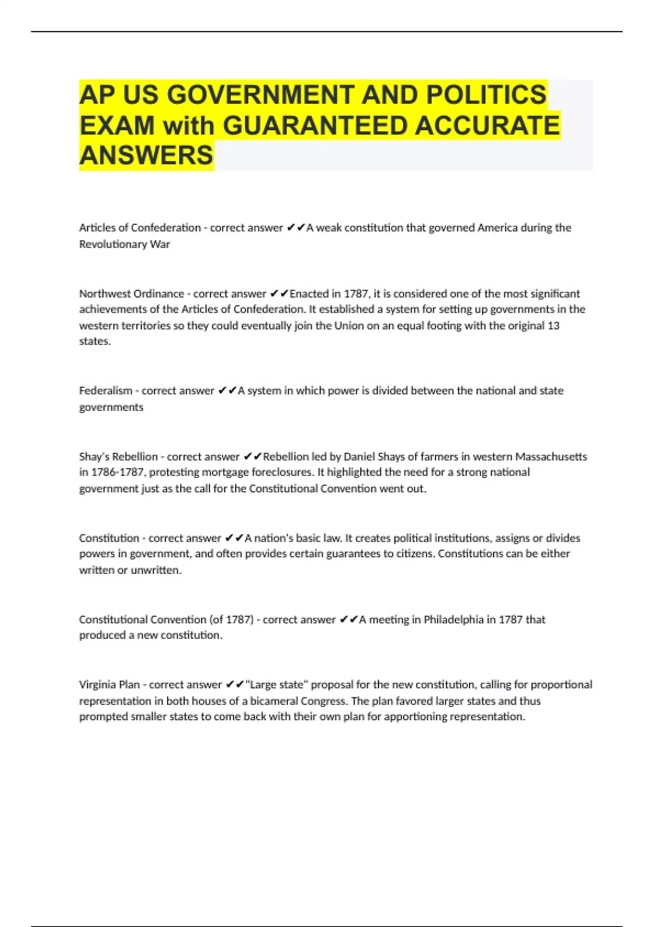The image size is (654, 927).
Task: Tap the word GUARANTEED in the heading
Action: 315,125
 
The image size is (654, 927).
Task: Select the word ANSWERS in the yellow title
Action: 146,155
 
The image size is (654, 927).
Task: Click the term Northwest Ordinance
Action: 131,293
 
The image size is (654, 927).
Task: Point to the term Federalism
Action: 106,390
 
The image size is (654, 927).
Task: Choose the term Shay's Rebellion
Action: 118,456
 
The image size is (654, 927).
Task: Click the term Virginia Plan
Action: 110,684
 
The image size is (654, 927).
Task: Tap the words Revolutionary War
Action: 124,244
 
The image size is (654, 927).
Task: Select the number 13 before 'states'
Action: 553,326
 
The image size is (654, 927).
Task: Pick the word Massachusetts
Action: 551,456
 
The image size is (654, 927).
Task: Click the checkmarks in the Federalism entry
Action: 227,390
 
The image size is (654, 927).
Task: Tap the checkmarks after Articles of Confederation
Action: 295,227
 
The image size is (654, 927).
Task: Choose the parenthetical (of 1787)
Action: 231,619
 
